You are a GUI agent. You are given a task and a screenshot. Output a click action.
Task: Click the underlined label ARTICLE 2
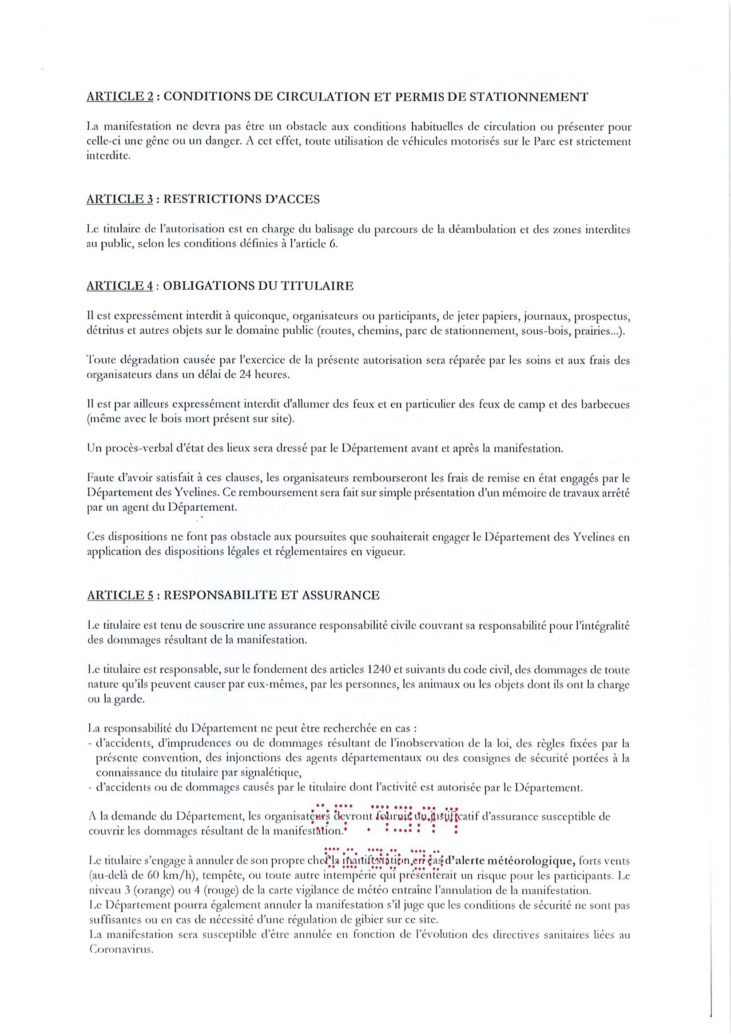119,97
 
